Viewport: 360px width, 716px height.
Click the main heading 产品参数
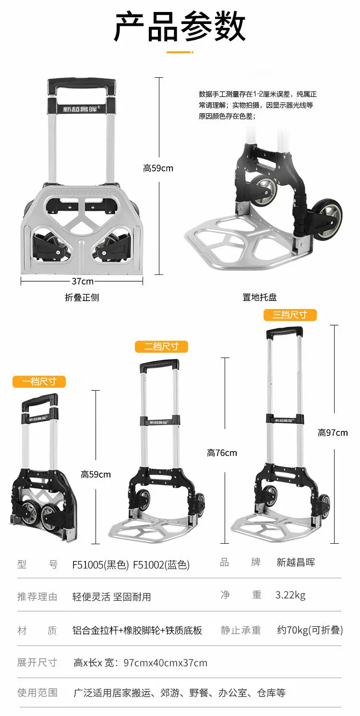pos(180,26)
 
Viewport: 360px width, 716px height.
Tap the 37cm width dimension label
pos(83,281)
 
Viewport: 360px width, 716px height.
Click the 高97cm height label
pos(333,433)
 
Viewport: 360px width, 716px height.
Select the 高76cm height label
pos(222,453)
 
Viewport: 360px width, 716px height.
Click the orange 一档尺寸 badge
pos(39,382)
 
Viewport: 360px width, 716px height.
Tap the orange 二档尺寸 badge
pos(161,347)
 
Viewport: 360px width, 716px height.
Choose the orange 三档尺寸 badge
pos(290,315)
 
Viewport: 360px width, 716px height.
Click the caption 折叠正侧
pos(82,298)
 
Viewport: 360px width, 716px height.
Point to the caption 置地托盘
pos(259,297)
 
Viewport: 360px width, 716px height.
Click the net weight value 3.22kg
pos(290,595)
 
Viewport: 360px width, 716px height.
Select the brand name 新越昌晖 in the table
pos(296,562)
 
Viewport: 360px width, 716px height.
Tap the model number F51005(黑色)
pos(100,565)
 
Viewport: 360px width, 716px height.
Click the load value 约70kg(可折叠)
pos(310,630)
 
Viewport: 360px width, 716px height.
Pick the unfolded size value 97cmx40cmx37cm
pos(165,663)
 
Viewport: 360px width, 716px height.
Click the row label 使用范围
pos(37,692)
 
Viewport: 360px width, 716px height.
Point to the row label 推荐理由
pos(37,597)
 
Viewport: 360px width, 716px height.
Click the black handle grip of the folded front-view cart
pos(82,85)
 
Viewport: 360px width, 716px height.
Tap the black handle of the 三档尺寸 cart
pos(284,331)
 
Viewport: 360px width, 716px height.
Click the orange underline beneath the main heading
pos(180,52)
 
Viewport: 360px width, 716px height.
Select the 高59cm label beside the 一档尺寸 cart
pos(96,474)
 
